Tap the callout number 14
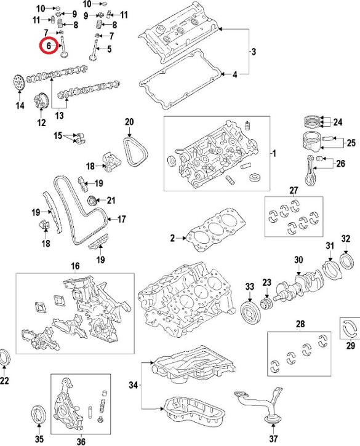tap(20, 106)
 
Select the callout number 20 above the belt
tap(129, 122)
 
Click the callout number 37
tap(273, 439)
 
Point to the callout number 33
tap(250, 286)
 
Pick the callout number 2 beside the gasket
tap(172, 238)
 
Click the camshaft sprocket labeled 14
tap(18, 82)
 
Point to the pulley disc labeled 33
tap(250, 314)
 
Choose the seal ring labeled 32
tap(348, 261)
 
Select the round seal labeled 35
tap(38, 419)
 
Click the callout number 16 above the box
tap(75, 266)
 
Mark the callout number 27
tap(294, 190)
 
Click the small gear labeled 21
tap(92, 201)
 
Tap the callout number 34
tap(133, 385)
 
